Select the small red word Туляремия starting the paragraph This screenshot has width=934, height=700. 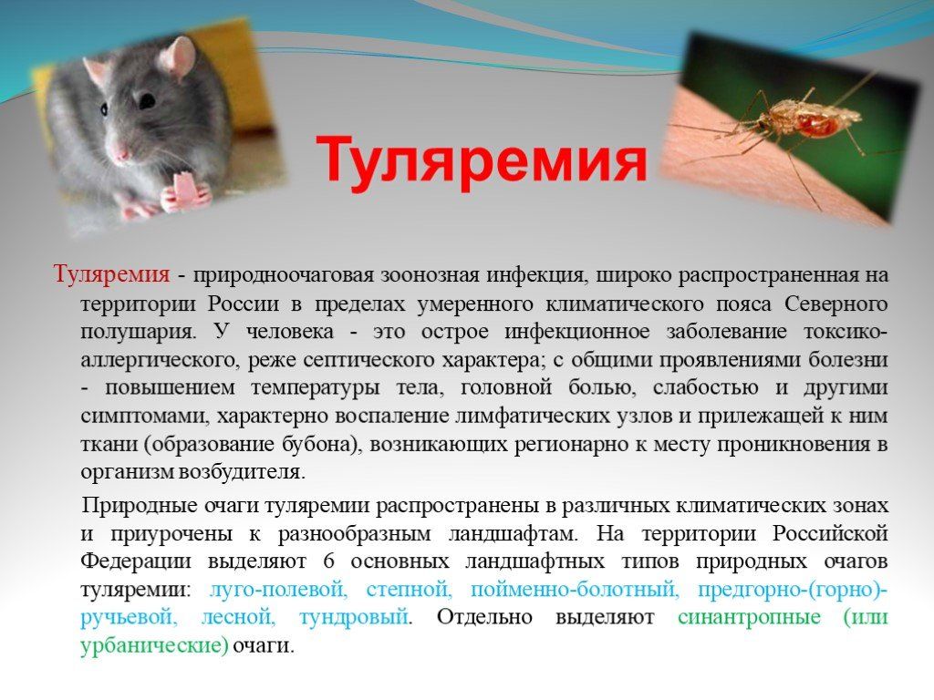click(112, 275)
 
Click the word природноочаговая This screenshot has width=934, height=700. click(283, 275)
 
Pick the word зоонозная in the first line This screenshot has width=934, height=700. click(431, 275)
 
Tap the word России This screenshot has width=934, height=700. click(244, 304)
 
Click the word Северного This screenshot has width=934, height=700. click(836, 304)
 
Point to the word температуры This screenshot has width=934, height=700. click(315, 388)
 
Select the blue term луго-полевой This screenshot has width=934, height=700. click(278, 590)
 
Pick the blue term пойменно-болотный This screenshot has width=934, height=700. click(575, 590)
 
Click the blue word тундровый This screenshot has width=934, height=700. click(354, 617)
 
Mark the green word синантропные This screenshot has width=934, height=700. click(749, 617)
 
